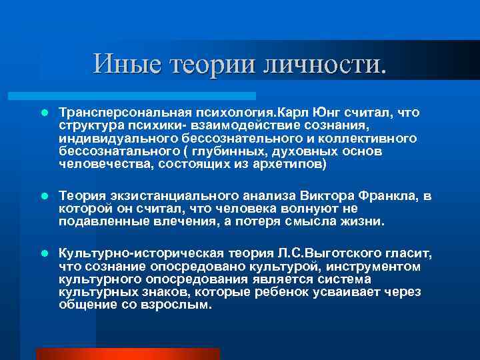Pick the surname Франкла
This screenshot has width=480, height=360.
tap(393, 196)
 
